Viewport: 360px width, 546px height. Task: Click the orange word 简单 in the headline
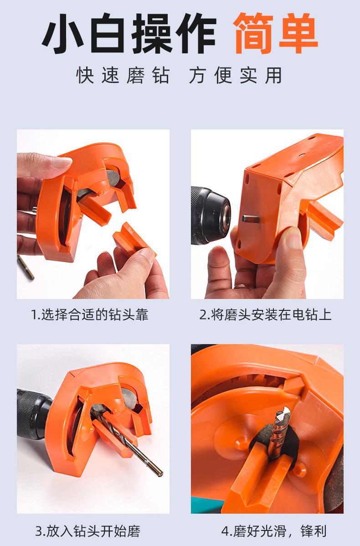[275, 33]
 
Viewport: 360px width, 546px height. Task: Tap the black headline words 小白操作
[129, 33]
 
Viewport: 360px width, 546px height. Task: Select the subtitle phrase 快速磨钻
[123, 75]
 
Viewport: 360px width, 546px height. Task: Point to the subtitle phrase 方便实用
[236, 75]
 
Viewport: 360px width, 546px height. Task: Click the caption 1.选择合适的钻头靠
[90, 314]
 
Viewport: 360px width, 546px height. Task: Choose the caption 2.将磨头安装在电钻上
[265, 314]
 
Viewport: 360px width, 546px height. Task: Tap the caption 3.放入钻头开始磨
[88, 531]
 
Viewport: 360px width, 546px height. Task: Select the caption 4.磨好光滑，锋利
[274, 531]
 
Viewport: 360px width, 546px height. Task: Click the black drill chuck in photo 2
[210, 215]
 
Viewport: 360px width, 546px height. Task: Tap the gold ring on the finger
[244, 287]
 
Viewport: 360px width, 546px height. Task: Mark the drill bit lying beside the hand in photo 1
[26, 268]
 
